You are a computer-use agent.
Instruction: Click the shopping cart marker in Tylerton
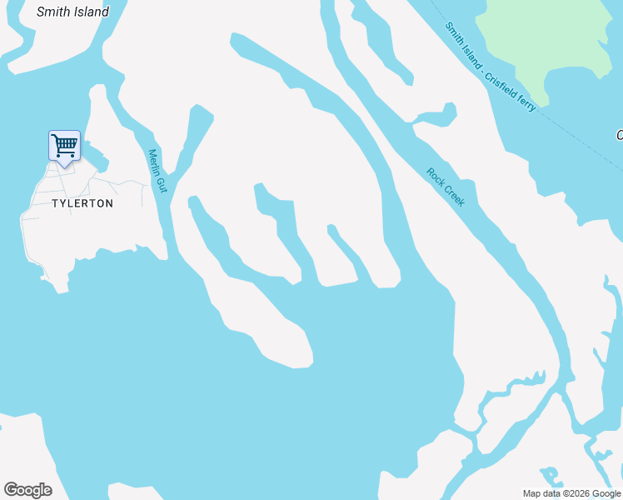point(64,146)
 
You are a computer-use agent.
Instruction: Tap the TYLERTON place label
point(82,203)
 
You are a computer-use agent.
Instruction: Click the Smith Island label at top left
point(72,12)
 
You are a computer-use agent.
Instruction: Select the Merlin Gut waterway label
point(157,171)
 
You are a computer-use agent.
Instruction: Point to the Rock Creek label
point(446,187)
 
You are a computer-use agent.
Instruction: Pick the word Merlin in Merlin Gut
point(154,162)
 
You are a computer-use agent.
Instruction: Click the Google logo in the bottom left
point(27,490)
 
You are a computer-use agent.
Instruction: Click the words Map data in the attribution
point(542,493)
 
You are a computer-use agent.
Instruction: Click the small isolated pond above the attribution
point(551,477)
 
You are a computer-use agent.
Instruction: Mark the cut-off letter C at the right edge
point(619,135)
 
